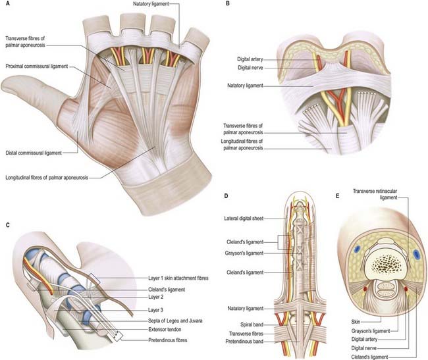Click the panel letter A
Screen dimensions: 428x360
click(x=8, y=4)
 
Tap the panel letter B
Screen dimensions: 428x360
click(x=228, y=3)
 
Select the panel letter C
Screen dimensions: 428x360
click(x=8, y=225)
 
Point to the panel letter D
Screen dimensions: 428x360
click(x=226, y=196)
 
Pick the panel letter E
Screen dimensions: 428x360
click(x=338, y=196)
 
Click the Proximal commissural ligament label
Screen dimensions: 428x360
click(x=37, y=66)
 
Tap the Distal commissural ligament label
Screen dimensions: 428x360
click(x=34, y=153)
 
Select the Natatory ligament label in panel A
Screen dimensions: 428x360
click(x=151, y=4)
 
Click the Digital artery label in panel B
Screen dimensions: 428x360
click(x=250, y=59)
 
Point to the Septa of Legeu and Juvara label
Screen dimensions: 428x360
click(x=175, y=321)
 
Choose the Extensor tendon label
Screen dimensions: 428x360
click(x=165, y=330)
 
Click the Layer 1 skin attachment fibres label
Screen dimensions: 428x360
click(x=178, y=278)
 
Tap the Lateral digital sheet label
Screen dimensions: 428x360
click(x=244, y=219)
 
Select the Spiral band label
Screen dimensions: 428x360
click(x=252, y=325)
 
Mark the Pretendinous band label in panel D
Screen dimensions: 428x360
click(x=244, y=342)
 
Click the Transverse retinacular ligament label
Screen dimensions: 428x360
click(x=375, y=194)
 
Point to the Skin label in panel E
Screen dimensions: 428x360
click(x=356, y=322)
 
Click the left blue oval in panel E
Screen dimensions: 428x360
click(x=357, y=249)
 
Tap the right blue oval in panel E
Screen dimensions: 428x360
click(x=416, y=254)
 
